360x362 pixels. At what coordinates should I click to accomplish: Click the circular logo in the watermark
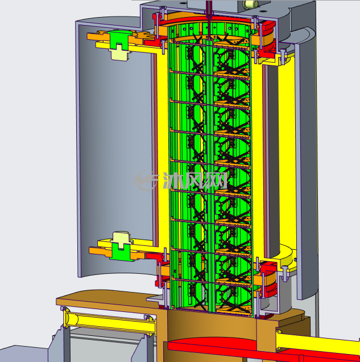[x=145, y=181]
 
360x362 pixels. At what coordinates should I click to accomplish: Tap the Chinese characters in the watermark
[x=195, y=181]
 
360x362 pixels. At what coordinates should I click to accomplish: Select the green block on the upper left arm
[x=119, y=39]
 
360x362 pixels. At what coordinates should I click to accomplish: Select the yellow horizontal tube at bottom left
[x=109, y=322]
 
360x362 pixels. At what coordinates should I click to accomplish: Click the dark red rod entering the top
[x=209, y=10]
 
